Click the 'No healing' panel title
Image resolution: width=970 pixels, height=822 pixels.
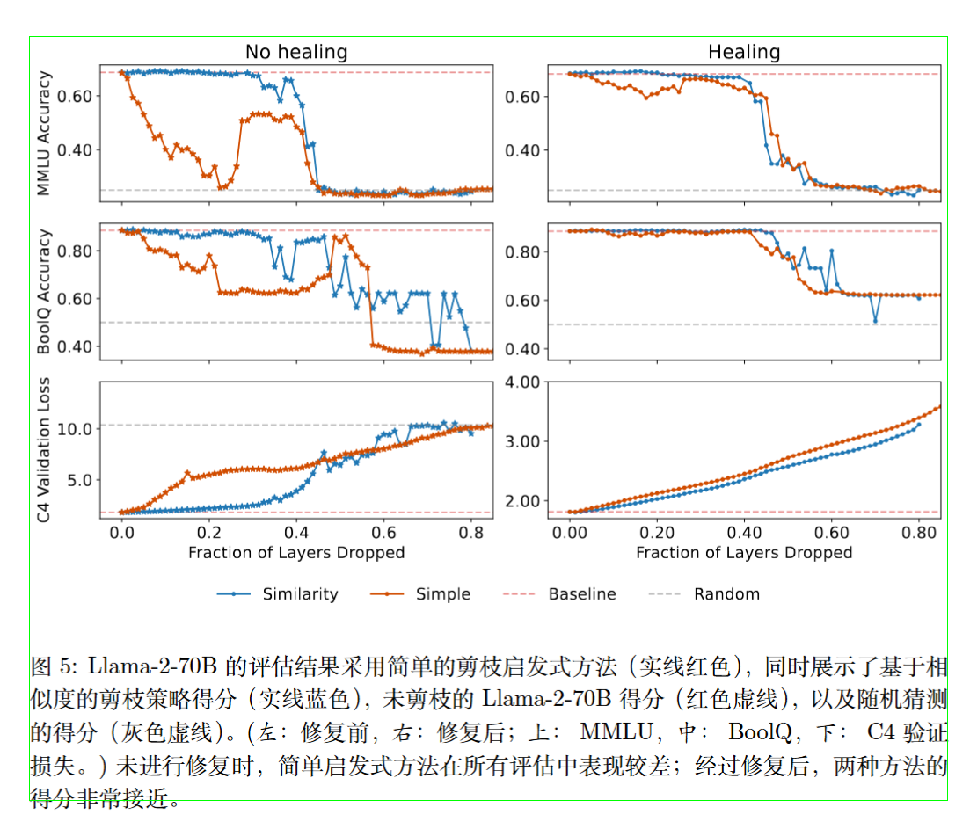tap(296, 52)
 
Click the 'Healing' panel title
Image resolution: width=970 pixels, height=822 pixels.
tap(744, 52)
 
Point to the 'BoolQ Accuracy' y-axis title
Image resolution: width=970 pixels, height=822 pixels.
tap(45, 292)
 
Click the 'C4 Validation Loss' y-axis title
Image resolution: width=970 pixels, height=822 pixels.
tap(45, 451)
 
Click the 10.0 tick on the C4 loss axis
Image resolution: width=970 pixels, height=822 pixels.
tap(75, 429)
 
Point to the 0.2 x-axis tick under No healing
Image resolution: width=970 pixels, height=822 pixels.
tap(209, 534)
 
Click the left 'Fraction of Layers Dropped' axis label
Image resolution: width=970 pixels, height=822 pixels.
tap(296, 553)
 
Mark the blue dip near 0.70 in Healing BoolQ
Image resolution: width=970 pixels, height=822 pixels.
tap(875, 321)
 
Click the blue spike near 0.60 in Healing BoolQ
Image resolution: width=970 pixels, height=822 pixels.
tap(831, 251)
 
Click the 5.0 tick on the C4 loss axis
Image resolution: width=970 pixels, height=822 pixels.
tap(78, 480)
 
